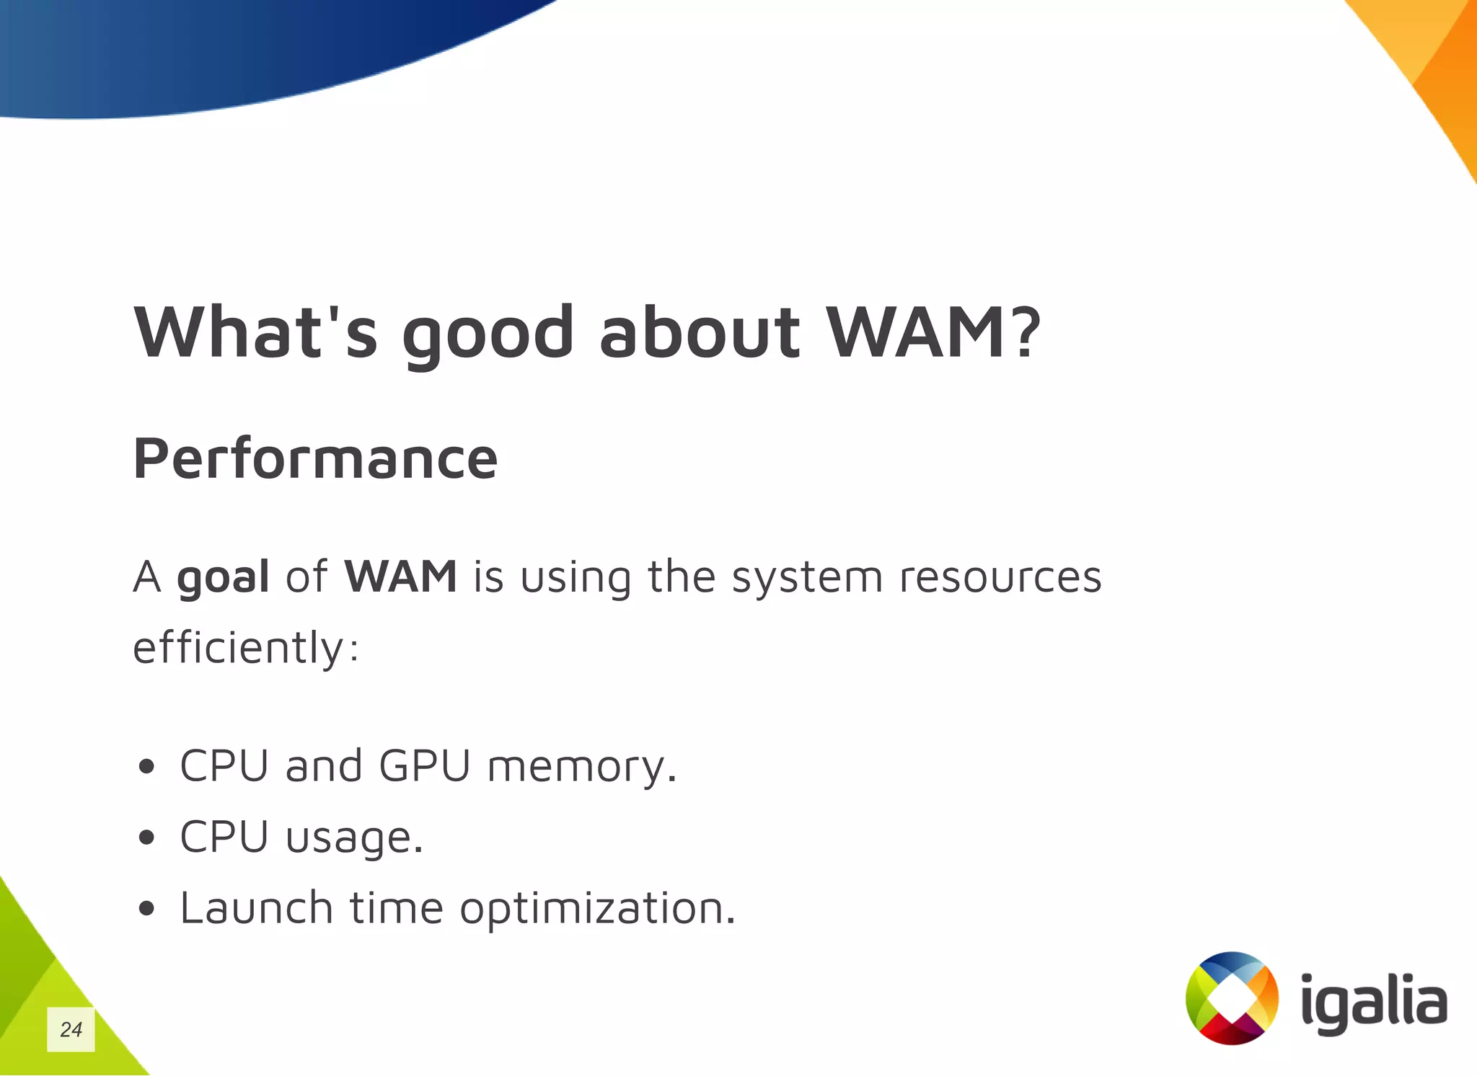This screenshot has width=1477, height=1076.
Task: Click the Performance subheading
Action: coord(315,458)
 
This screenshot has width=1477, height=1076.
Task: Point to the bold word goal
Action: coord(223,578)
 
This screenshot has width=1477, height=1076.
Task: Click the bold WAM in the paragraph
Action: coord(400,577)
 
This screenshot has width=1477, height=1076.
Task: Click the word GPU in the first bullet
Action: coord(425,765)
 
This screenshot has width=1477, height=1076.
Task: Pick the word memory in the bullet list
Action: coord(582,767)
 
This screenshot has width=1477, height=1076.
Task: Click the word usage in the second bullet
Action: coord(354,838)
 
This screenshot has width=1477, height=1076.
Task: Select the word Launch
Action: coord(256,907)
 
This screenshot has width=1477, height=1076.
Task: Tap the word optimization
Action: coord(597,909)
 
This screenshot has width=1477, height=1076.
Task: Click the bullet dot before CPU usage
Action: coord(146,837)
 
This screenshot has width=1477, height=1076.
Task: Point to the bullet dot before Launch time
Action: coord(146,909)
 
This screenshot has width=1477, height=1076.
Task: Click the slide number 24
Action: coord(71,1029)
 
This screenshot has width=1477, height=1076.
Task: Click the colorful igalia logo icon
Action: coord(1232,998)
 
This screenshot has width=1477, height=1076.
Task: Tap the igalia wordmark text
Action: coord(1374,1002)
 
